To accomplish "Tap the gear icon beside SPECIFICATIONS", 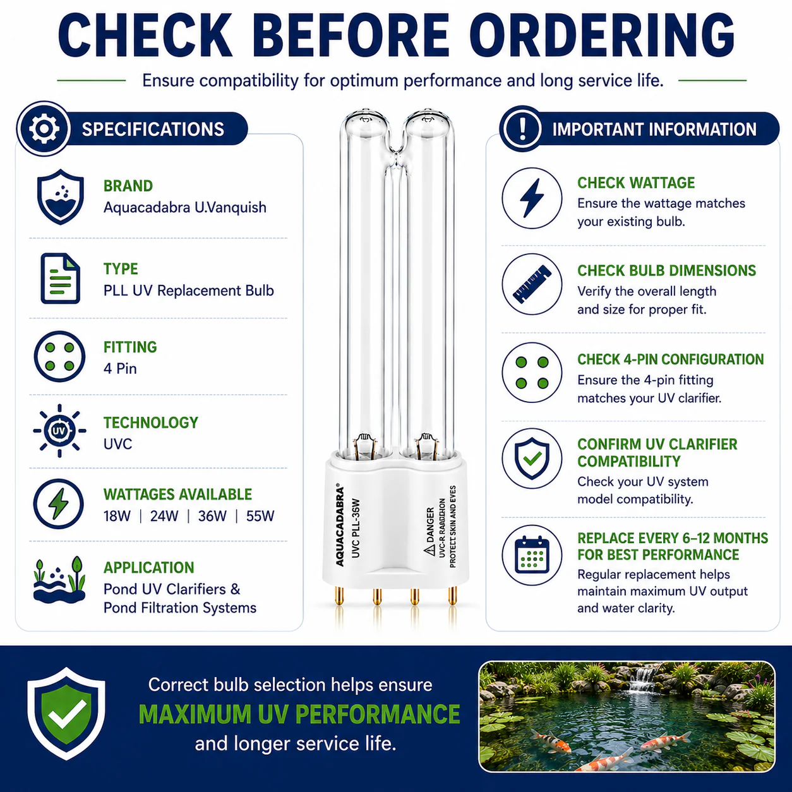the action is coord(44,129).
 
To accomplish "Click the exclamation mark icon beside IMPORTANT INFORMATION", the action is coord(522,129).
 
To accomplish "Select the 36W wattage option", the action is coord(212,516).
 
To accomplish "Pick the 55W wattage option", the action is coord(260,516).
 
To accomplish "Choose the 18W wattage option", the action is coord(117,516).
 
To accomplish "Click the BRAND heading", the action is coord(128,186).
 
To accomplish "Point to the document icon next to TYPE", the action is coord(60,279).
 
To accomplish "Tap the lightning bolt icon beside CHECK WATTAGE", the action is coord(532,198).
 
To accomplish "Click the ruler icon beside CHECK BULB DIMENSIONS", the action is coord(532,284).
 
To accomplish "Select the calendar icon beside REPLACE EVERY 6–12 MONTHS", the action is coord(532,555).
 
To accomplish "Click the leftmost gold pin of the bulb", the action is coord(340,596).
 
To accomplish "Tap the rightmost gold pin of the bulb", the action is coord(452,596).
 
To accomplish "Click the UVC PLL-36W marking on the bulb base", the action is coord(356,528).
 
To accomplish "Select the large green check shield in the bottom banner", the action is coord(66,714).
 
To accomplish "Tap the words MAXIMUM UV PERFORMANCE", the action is coord(299,714).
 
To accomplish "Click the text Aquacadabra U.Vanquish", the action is coord(185,207).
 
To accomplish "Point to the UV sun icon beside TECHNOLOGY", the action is coord(59,431).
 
